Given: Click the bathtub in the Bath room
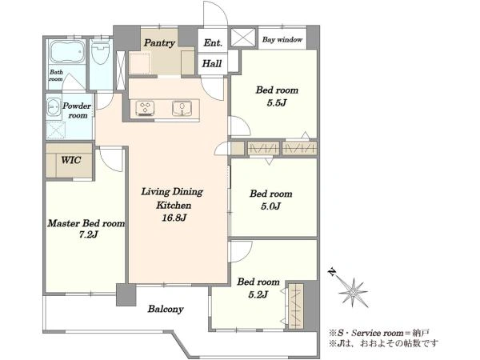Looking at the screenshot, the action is [x=66, y=51].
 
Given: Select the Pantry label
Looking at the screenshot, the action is [x=159, y=43].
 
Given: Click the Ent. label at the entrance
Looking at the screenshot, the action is [x=213, y=42].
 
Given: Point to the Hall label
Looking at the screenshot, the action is [x=212, y=64].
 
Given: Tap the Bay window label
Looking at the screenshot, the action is [x=282, y=39].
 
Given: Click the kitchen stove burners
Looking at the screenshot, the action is [x=145, y=108].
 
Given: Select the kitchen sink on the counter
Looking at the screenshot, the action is [x=182, y=108].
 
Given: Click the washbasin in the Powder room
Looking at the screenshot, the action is [x=54, y=107].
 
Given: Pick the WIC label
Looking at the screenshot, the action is [x=71, y=160].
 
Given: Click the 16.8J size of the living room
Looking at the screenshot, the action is [x=174, y=218].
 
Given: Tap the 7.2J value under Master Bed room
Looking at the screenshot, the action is [x=88, y=234].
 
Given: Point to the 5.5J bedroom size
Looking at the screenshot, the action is [x=277, y=103].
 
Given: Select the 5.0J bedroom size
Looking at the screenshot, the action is [x=270, y=206].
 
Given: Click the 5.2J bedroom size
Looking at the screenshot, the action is [x=258, y=294].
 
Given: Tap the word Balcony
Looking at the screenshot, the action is [x=166, y=309].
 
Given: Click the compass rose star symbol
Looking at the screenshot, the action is [x=354, y=293].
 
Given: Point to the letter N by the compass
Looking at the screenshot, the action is [x=331, y=271].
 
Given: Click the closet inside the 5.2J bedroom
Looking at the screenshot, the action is [x=295, y=306].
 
